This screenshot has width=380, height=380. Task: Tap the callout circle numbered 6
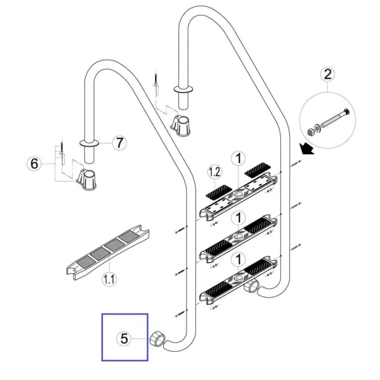(x=36, y=164)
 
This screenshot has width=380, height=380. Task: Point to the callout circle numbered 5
(x=124, y=338)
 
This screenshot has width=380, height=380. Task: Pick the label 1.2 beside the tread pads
(x=214, y=171)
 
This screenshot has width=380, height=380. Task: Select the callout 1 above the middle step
(x=238, y=218)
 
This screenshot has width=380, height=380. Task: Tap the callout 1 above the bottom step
(x=238, y=258)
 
